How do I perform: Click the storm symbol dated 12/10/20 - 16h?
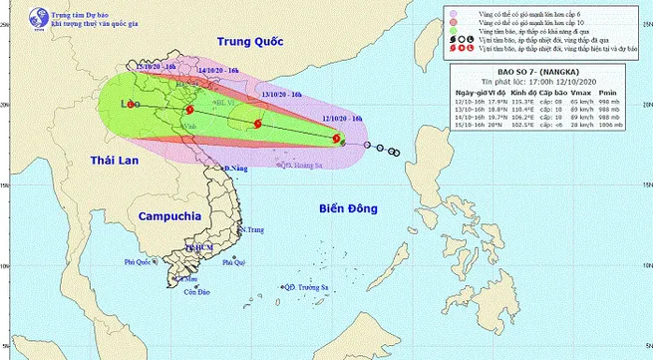click(343, 143)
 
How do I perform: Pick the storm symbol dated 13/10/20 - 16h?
click(257, 124)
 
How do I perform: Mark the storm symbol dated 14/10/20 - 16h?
click(188, 110)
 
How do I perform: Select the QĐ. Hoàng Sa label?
click(302, 166)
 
